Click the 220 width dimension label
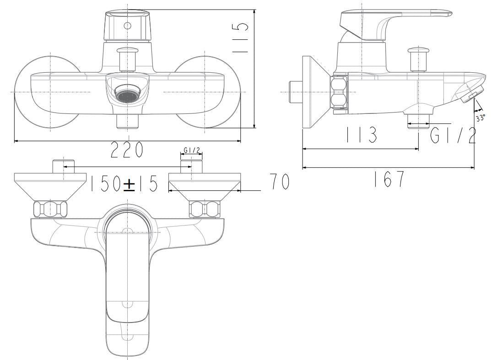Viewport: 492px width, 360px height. [x=127, y=150]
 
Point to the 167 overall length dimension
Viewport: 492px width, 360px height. [x=389, y=179]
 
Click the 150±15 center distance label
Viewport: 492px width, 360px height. [x=124, y=184]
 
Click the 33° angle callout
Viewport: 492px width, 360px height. [x=480, y=118]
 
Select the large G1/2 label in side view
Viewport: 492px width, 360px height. [x=453, y=135]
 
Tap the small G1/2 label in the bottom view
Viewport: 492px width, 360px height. [x=191, y=150]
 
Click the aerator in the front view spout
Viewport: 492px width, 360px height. [x=127, y=95]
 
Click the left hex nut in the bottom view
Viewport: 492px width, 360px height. [x=50, y=209]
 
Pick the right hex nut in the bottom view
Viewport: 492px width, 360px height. [x=204, y=209]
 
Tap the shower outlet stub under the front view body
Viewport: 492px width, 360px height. [x=127, y=121]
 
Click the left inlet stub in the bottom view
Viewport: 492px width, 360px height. [x=63, y=167]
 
